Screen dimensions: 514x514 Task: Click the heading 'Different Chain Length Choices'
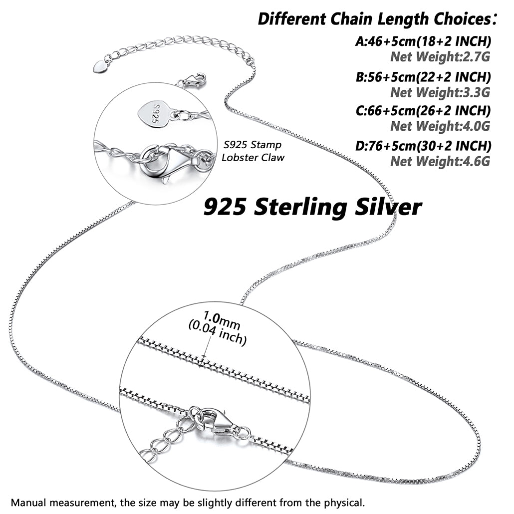point(377,19)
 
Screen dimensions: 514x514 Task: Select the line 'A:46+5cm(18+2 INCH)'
point(423,41)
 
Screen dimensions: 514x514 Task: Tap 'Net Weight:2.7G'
point(440,57)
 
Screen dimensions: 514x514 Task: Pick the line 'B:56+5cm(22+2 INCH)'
point(423,77)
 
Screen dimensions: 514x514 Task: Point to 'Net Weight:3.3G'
point(440,92)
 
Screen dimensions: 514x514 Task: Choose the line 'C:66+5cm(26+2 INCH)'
point(423,110)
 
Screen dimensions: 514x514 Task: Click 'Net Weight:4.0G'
point(440,126)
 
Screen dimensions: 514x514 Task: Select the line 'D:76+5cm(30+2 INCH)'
point(423,146)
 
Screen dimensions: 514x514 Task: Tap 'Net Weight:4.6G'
point(440,161)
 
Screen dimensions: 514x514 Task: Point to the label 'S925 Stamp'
point(253,145)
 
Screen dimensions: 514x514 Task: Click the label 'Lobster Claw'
point(253,157)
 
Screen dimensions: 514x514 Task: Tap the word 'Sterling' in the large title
point(300,208)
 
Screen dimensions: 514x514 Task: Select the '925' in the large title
point(225,207)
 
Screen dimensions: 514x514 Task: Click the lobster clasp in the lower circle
point(219,423)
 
